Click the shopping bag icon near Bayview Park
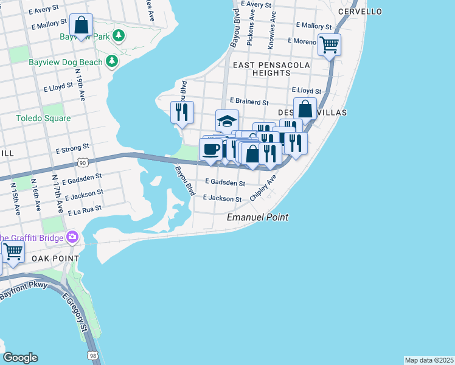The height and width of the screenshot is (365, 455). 81,26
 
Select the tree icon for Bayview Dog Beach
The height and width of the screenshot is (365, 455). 111,61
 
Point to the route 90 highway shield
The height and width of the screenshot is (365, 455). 83,162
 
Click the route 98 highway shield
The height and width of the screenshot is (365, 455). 92,355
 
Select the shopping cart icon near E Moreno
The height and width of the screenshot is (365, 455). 329,44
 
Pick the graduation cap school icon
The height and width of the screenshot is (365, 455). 227,120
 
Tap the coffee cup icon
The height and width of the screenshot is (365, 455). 211,149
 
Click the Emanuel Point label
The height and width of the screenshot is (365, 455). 257,217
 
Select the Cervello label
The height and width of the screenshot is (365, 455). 360,12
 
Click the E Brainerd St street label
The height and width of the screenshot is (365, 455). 249,102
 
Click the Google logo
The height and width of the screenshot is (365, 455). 20,358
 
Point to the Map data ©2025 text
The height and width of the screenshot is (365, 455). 428,360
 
